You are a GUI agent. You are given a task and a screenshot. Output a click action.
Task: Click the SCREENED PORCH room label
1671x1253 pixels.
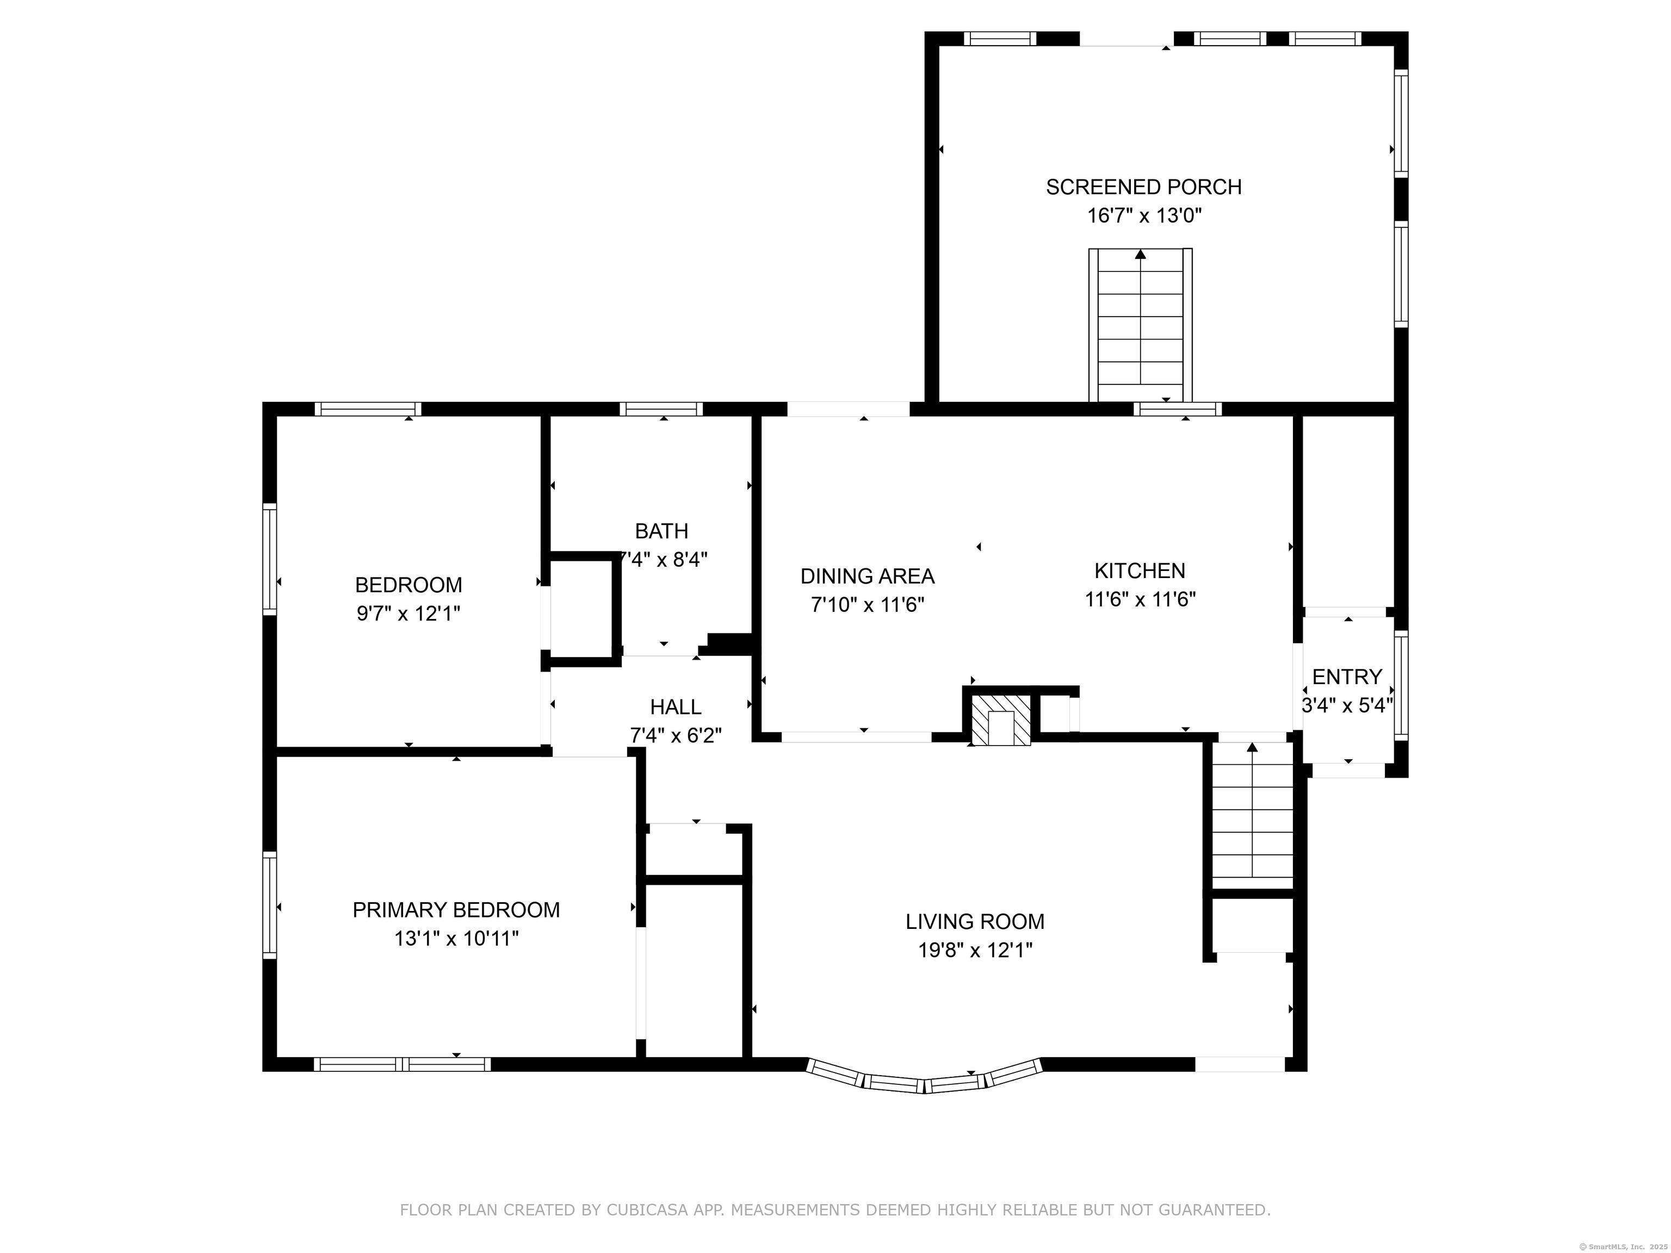(x=1144, y=187)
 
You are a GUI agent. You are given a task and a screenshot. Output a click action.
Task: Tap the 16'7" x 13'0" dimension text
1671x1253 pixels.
(x=1144, y=216)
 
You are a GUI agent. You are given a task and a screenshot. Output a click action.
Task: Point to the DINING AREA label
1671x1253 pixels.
(x=867, y=576)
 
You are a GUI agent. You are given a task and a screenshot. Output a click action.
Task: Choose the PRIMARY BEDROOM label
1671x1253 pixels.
(x=456, y=910)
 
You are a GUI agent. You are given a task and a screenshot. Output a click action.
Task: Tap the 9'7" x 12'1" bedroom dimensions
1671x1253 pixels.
(x=408, y=613)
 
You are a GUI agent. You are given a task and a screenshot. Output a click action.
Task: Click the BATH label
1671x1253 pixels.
(x=662, y=532)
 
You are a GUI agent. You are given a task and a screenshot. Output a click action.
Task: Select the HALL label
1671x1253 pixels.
(x=676, y=707)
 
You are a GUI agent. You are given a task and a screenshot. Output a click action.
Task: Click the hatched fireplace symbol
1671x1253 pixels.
(x=1000, y=720)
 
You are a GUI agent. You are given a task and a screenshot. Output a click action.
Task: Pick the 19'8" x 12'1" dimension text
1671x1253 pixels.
(x=975, y=950)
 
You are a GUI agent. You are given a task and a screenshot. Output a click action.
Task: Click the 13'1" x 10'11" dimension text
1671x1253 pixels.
(x=456, y=939)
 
